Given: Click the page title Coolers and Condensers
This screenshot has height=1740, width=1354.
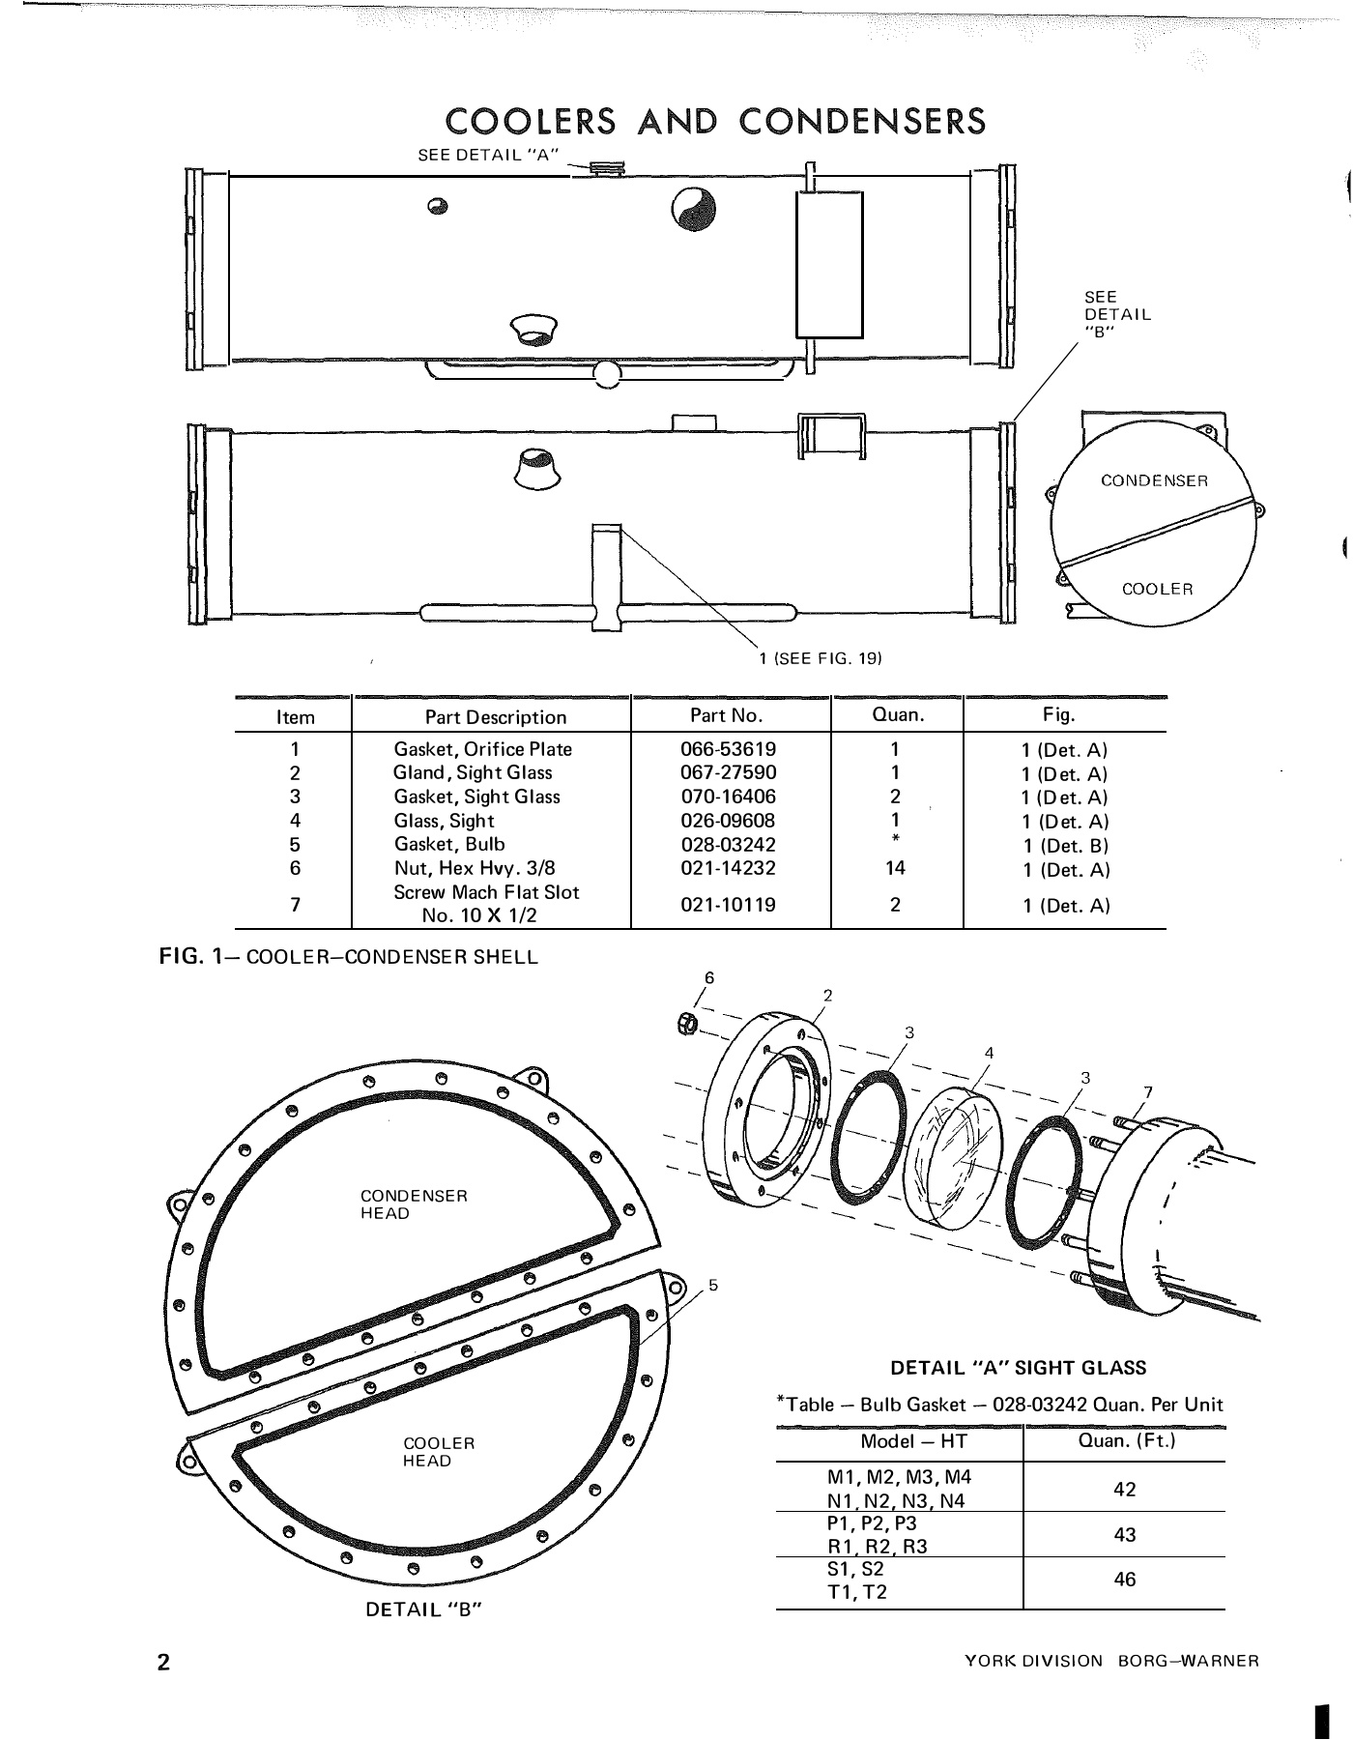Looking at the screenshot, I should click(x=714, y=122).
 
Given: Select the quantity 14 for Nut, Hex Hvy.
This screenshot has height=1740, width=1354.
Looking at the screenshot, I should click(x=895, y=868).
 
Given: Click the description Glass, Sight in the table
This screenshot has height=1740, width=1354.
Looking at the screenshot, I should click(x=444, y=821).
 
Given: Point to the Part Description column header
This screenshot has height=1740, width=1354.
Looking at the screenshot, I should click(x=495, y=717).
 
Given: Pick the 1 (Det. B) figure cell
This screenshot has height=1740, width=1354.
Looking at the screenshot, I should click(x=1065, y=846).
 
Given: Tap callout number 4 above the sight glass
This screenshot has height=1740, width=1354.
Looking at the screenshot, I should click(x=989, y=1053).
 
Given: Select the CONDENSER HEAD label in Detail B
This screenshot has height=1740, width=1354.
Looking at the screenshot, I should click(x=414, y=1204).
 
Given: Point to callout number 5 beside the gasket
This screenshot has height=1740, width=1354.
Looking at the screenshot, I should click(x=713, y=1285).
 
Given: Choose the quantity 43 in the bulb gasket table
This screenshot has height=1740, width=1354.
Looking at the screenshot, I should click(x=1124, y=1534).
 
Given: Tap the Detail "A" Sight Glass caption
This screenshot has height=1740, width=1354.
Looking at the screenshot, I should click(x=1018, y=1368).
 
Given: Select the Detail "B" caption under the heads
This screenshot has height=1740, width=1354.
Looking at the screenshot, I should click(x=423, y=1609).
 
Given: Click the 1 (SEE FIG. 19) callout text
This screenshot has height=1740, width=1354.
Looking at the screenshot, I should click(x=821, y=658).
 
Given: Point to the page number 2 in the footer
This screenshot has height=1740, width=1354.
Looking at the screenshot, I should click(x=163, y=1663).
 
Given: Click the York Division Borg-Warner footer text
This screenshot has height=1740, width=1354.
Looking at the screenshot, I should click(x=1111, y=1662).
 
